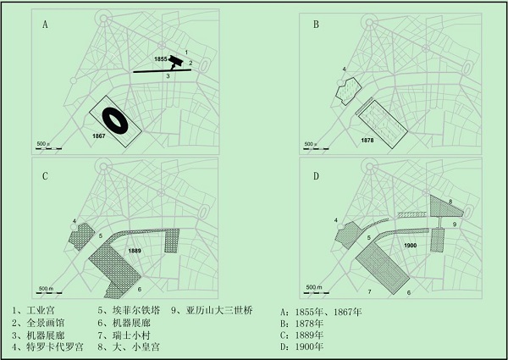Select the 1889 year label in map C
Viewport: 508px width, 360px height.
click(134, 252)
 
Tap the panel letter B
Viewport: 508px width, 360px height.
click(316, 25)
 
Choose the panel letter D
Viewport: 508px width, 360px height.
click(316, 177)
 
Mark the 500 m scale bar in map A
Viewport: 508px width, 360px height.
click(48, 147)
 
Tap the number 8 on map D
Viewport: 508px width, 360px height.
click(450, 202)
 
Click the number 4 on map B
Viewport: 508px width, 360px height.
click(344, 68)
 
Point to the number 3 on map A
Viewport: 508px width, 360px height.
click(168, 77)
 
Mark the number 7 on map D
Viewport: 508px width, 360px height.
click(368, 291)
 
